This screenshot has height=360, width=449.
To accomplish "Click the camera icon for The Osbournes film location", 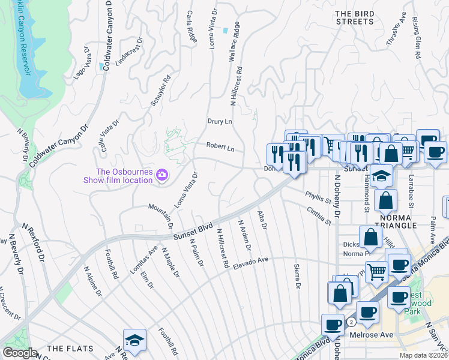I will (x=161, y=175).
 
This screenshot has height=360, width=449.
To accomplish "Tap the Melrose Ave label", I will (x=376, y=334).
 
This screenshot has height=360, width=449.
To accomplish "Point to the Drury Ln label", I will (x=220, y=121).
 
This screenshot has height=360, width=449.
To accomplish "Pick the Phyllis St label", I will (x=318, y=197).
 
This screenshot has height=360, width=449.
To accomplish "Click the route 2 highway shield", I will (x=351, y=322).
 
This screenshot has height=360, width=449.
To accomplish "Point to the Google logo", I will (x=20, y=353).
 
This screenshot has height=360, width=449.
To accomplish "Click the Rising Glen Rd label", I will (x=417, y=37).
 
